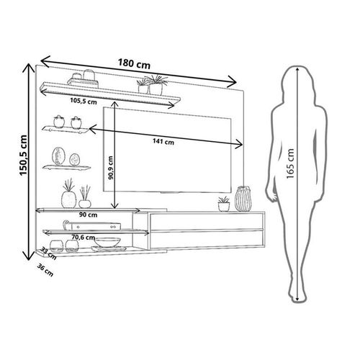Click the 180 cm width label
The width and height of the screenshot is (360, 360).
point(134,63)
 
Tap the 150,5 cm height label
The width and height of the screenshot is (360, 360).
point(23,156)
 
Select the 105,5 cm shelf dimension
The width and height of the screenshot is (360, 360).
point(84,101)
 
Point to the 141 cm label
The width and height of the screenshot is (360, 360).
point(163,142)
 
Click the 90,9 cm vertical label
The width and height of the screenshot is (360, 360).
point(111,168)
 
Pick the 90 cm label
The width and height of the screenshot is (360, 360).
point(88,215)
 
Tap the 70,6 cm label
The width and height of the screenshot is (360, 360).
point(84,237)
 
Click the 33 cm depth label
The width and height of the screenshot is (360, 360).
point(48,253)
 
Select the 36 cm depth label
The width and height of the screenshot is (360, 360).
point(45,270)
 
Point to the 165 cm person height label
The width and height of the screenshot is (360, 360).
point(290,163)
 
